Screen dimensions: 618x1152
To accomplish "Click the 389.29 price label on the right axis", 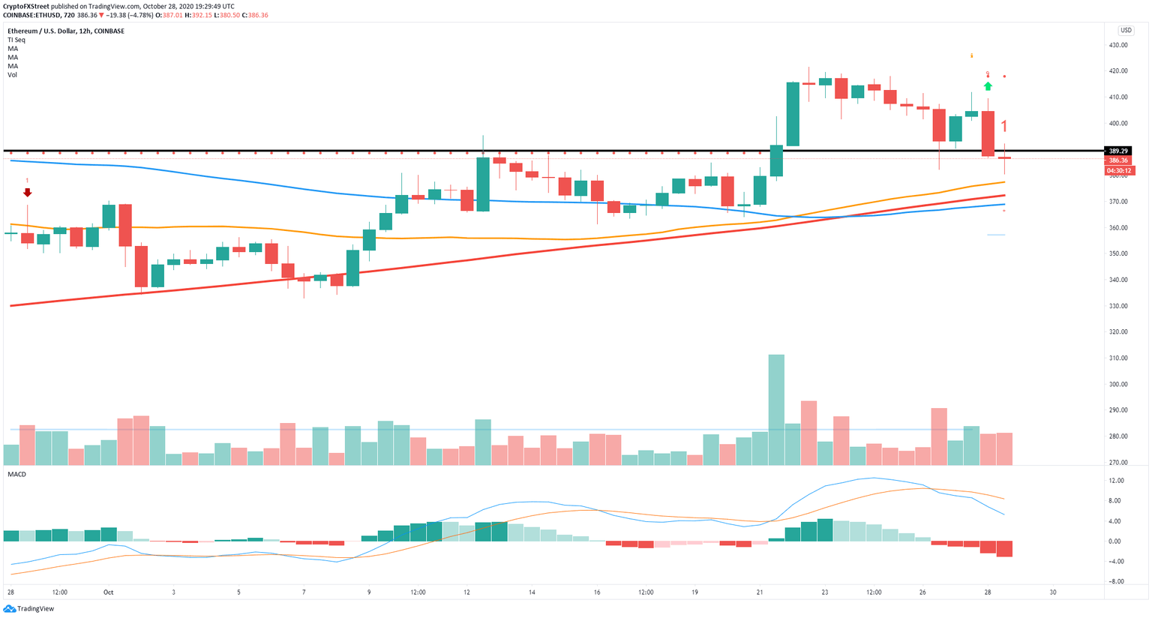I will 1118,151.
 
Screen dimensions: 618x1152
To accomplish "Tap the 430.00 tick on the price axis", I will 1118,45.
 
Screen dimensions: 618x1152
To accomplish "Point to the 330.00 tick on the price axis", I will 1118,306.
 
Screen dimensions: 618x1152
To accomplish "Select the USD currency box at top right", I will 1126,31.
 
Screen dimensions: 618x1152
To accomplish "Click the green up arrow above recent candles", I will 988,86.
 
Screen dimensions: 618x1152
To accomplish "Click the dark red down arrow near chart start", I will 28,193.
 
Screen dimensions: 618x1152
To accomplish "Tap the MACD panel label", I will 16,474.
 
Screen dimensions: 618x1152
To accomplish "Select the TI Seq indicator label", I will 16,40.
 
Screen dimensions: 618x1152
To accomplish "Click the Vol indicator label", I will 12,75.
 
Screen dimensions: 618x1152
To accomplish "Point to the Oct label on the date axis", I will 108,592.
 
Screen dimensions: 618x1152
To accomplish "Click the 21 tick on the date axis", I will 760,592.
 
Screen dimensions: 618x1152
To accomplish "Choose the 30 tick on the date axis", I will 1053,592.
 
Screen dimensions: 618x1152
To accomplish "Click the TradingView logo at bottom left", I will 30,609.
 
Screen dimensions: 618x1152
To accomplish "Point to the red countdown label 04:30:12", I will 1119,170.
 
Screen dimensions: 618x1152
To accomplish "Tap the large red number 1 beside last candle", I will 1004,126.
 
